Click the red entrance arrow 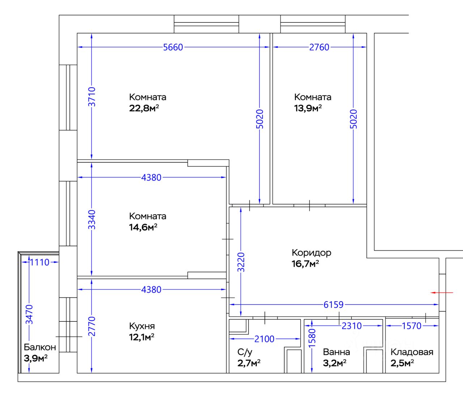coord(441,292)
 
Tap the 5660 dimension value coord(173,47)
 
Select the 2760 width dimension coord(319,47)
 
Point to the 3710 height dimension coord(92,97)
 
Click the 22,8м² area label coord(144,108)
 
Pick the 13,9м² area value coord(308,108)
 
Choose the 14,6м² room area coord(143,227)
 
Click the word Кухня coord(142,326)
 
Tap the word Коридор coord(311,253)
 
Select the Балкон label coord(40,347)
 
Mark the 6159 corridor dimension coord(334,305)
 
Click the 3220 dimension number coord(241,262)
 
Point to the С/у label coord(245,352)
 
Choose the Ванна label coord(336,352)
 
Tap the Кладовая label coord(412,352)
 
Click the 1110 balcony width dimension coord(39,262)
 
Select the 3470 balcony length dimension coord(29,314)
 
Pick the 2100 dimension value coord(264,339)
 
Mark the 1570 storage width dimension coord(412,326)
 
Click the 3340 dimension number coord(92,219)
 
